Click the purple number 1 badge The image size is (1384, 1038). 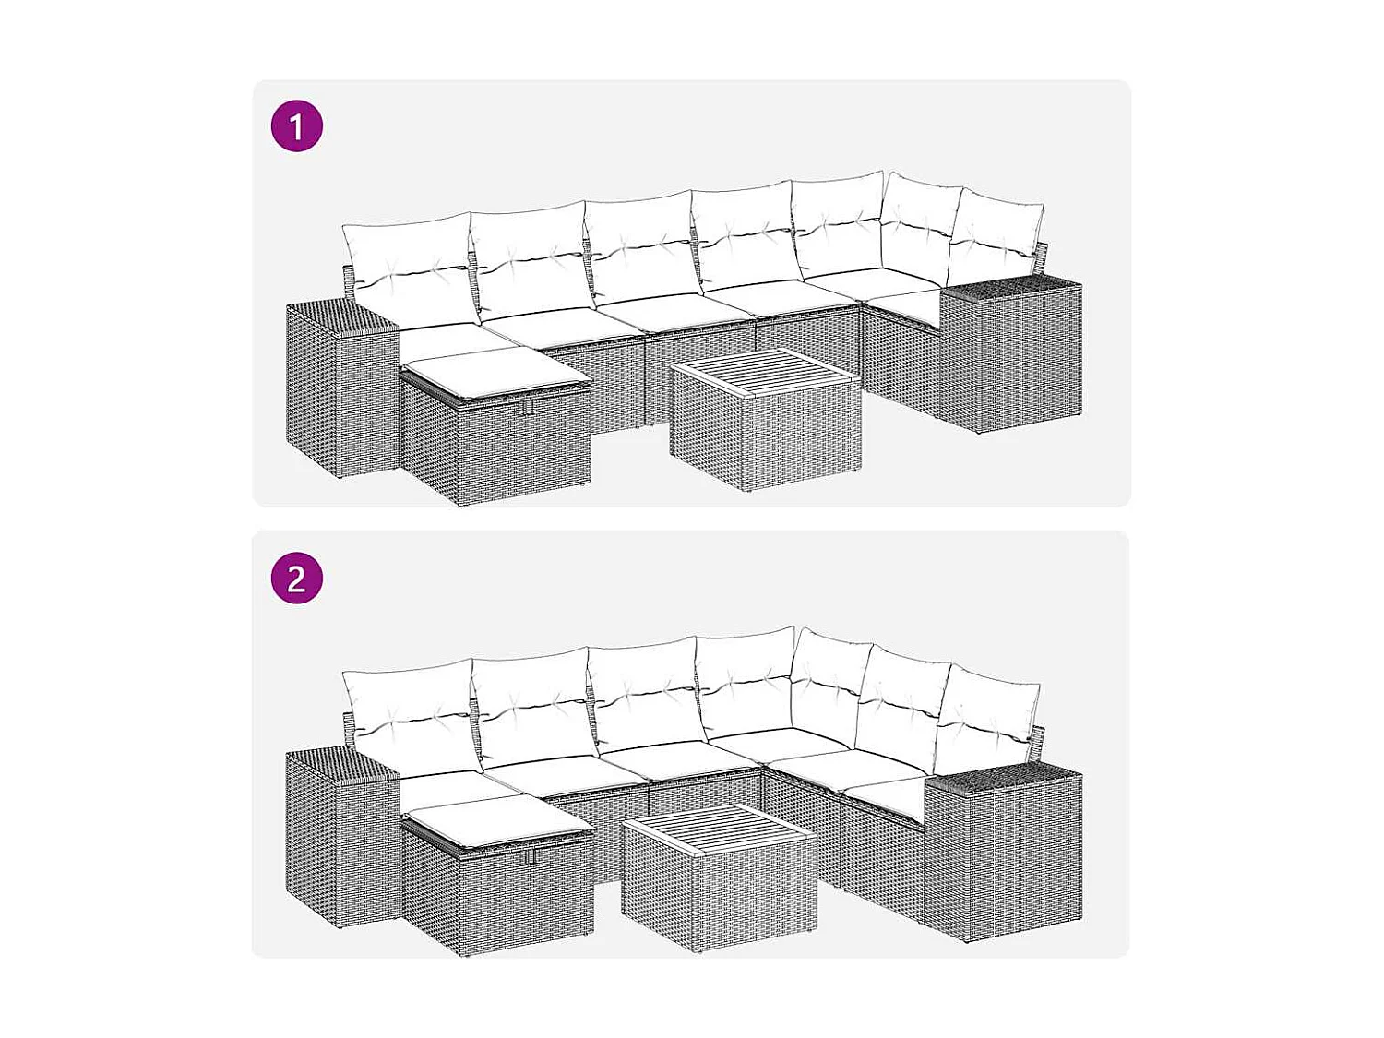296,126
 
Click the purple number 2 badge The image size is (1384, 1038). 296,579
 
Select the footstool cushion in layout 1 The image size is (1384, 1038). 494,369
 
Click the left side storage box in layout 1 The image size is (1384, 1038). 340,397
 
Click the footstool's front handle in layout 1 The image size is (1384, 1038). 527,408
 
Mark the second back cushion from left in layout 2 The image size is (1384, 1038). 532,706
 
